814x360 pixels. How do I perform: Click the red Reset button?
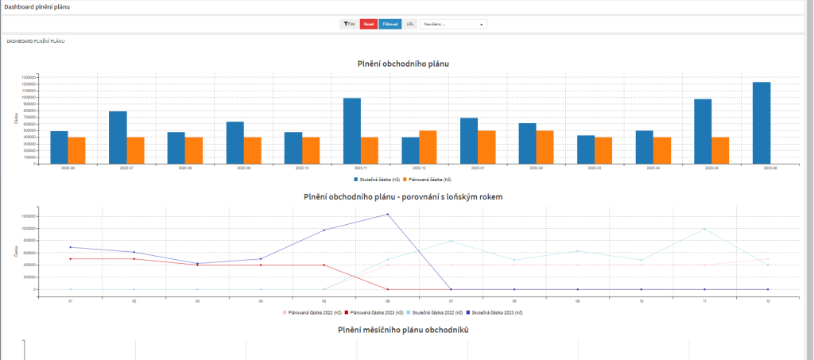[x=368, y=25]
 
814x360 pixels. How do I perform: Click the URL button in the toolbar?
[x=410, y=25]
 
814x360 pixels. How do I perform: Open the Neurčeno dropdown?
[x=453, y=25]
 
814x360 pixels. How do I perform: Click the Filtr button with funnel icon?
[x=349, y=25]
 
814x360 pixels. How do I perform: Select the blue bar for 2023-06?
[x=762, y=122]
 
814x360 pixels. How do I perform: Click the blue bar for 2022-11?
[x=351, y=130]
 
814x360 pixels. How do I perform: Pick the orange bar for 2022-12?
[x=428, y=147]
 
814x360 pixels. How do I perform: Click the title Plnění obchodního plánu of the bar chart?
[x=407, y=64]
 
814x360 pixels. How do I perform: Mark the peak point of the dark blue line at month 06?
[x=388, y=214]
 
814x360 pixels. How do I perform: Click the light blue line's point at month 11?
[x=704, y=229]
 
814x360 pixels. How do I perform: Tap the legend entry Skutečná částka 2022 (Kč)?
[x=434, y=312]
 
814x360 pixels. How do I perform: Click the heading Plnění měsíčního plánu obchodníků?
[x=403, y=330]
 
